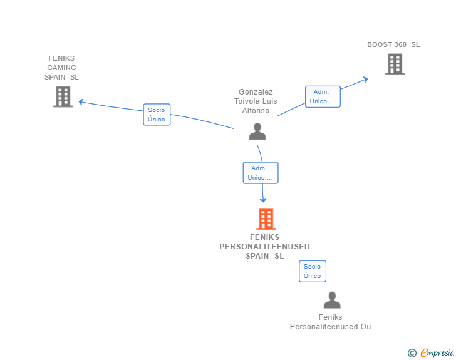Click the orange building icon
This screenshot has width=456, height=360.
(266, 219)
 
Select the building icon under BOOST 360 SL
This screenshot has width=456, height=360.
(395, 64)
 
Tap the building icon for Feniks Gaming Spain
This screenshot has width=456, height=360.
(63, 96)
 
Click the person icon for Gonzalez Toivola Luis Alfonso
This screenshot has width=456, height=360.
(257, 131)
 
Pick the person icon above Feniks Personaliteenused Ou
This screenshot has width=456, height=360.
(332, 300)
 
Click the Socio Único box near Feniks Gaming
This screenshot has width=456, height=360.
(157, 115)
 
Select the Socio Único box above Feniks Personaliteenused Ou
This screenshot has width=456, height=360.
(313, 271)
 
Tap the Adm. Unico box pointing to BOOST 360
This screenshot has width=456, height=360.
(323, 96)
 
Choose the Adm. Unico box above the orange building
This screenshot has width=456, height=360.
(261, 173)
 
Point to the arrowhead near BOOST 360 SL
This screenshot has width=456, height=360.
(366, 80)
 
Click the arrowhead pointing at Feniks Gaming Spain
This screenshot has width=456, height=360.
(81, 102)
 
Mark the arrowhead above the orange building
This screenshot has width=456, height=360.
(263, 200)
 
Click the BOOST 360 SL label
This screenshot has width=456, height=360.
(393, 44)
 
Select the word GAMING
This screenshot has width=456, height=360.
(61, 68)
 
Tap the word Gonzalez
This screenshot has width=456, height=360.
(256, 92)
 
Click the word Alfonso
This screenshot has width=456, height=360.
(256, 111)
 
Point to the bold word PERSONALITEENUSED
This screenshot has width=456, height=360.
(264, 247)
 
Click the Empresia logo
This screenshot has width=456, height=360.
(437, 352)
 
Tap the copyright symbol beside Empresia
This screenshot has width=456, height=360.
(412, 353)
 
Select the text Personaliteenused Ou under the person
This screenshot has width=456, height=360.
(330, 327)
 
